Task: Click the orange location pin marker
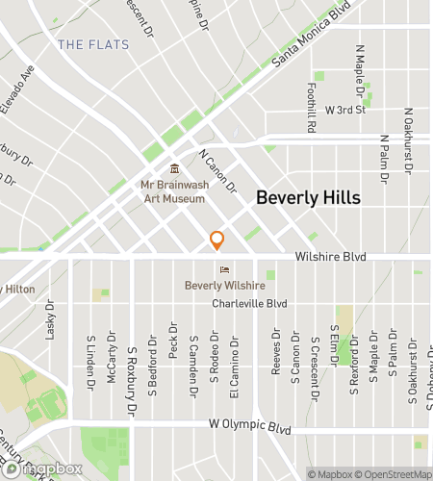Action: click(217, 240)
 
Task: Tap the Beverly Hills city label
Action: click(308, 198)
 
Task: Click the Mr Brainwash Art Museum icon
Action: click(174, 170)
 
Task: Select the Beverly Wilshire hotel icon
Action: click(224, 270)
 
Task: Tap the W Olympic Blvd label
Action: click(249, 425)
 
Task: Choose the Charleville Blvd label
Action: click(250, 303)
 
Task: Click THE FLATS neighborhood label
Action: click(85, 44)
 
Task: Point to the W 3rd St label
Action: click(346, 110)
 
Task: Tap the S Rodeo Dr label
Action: click(214, 358)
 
